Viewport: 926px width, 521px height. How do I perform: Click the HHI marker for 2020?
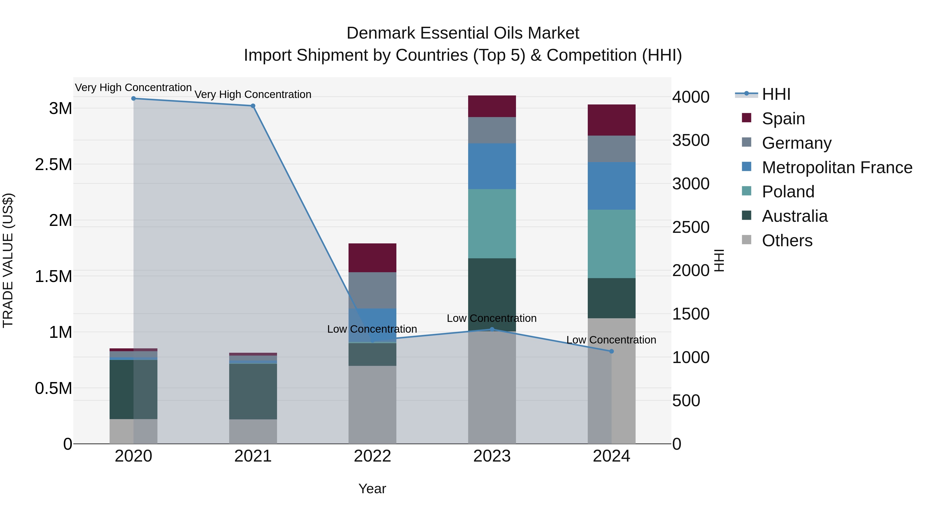pos(133,98)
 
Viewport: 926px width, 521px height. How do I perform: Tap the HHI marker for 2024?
pos(611,351)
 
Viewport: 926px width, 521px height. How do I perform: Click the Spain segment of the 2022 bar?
pos(372,258)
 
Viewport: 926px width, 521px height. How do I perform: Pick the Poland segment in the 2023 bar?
pos(492,223)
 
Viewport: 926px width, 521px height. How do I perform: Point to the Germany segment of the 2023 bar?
pos(492,130)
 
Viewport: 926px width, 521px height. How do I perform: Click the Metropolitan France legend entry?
pos(837,167)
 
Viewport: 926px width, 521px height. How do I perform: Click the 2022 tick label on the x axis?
pos(372,456)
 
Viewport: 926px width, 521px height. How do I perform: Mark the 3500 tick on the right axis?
pos(691,140)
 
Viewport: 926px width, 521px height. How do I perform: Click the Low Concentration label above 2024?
pos(611,340)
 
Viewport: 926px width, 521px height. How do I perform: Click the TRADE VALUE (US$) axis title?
pos(8,260)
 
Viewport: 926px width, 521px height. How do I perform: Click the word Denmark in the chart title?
pos(381,33)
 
